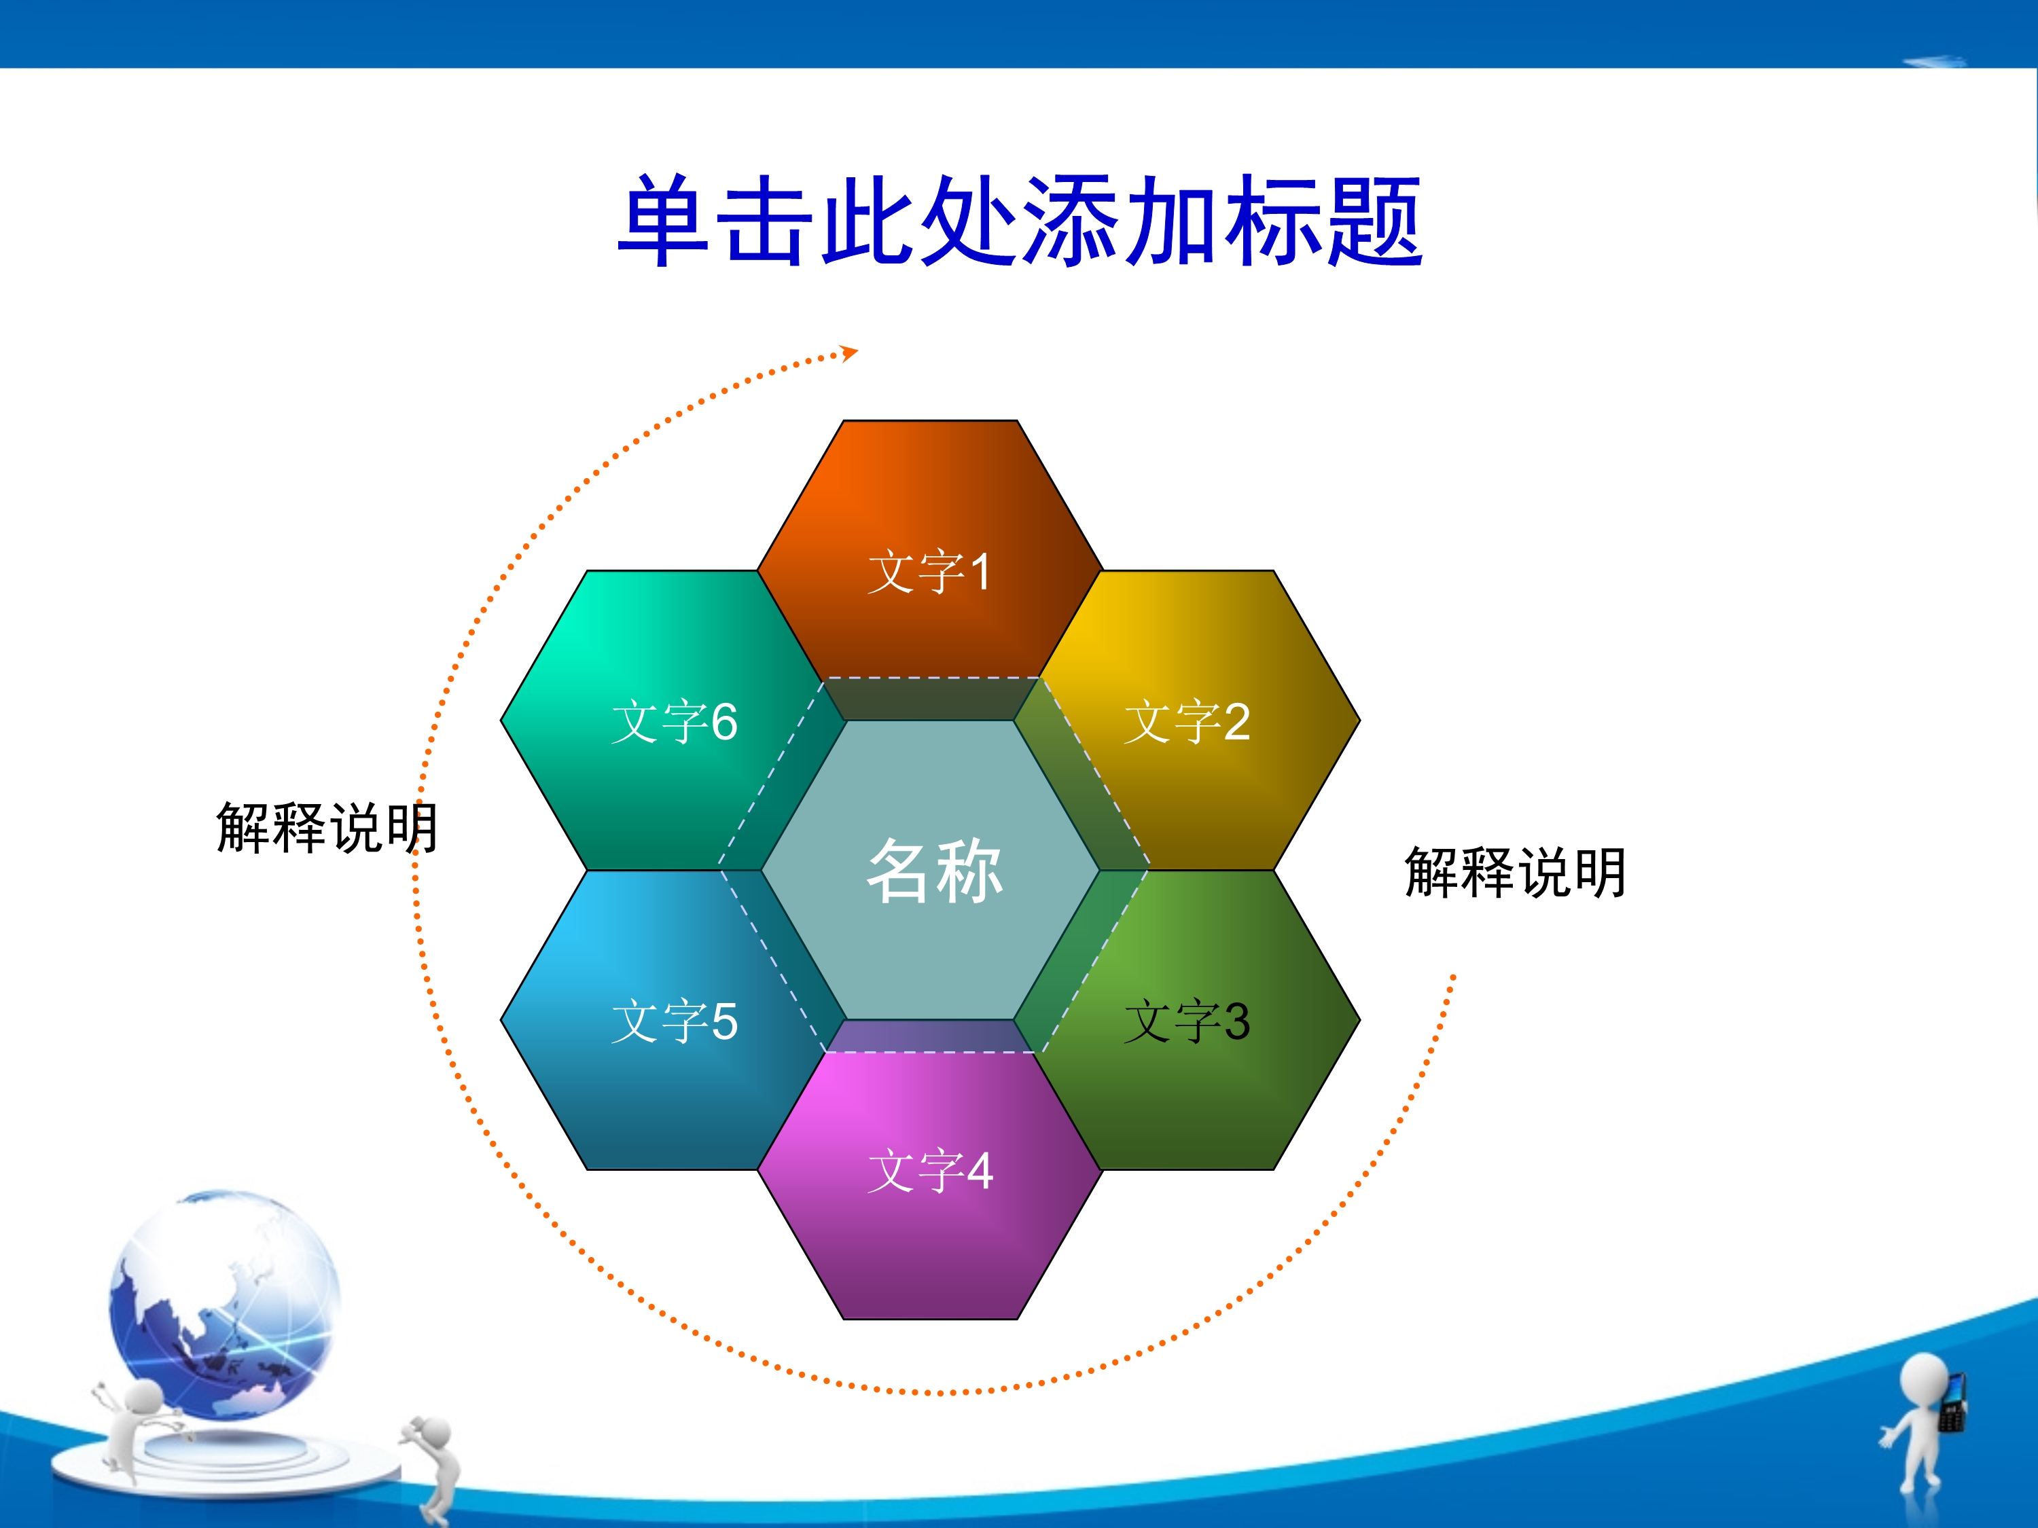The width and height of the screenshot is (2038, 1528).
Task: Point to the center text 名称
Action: click(x=934, y=871)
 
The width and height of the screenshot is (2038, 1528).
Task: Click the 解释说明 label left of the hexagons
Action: click(x=327, y=827)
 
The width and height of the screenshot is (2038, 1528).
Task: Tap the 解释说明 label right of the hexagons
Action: click(x=1516, y=871)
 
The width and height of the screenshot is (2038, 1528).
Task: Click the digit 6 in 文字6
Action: click(x=724, y=721)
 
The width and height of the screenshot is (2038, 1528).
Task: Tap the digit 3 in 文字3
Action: click(x=1236, y=1021)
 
